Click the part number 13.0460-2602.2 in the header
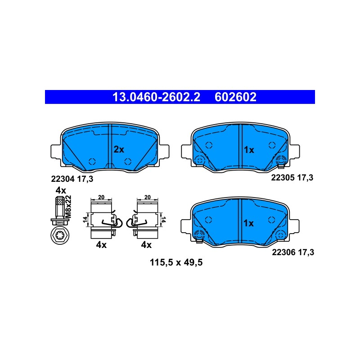156,97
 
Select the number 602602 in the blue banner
235,97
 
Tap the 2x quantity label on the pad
119,150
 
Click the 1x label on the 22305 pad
249,150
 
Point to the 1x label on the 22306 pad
248,223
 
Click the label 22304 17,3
72,179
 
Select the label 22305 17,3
292,177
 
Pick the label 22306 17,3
293,252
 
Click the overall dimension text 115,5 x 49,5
176,262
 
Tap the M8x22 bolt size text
68,207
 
